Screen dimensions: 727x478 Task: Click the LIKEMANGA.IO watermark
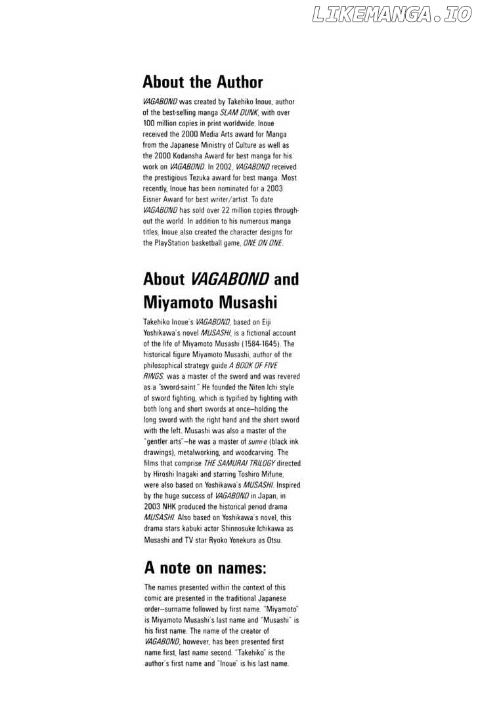click(392, 14)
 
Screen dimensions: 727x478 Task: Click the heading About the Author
click(202, 83)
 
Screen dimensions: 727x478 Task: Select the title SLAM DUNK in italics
click(239, 112)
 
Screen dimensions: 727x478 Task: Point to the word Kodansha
click(186, 156)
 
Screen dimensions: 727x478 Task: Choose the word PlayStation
click(173, 242)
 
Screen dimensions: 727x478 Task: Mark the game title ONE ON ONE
click(263, 242)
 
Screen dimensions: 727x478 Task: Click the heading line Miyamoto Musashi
click(210, 303)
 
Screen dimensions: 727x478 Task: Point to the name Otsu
click(271, 539)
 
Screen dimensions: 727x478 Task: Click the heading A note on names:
click(205, 567)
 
